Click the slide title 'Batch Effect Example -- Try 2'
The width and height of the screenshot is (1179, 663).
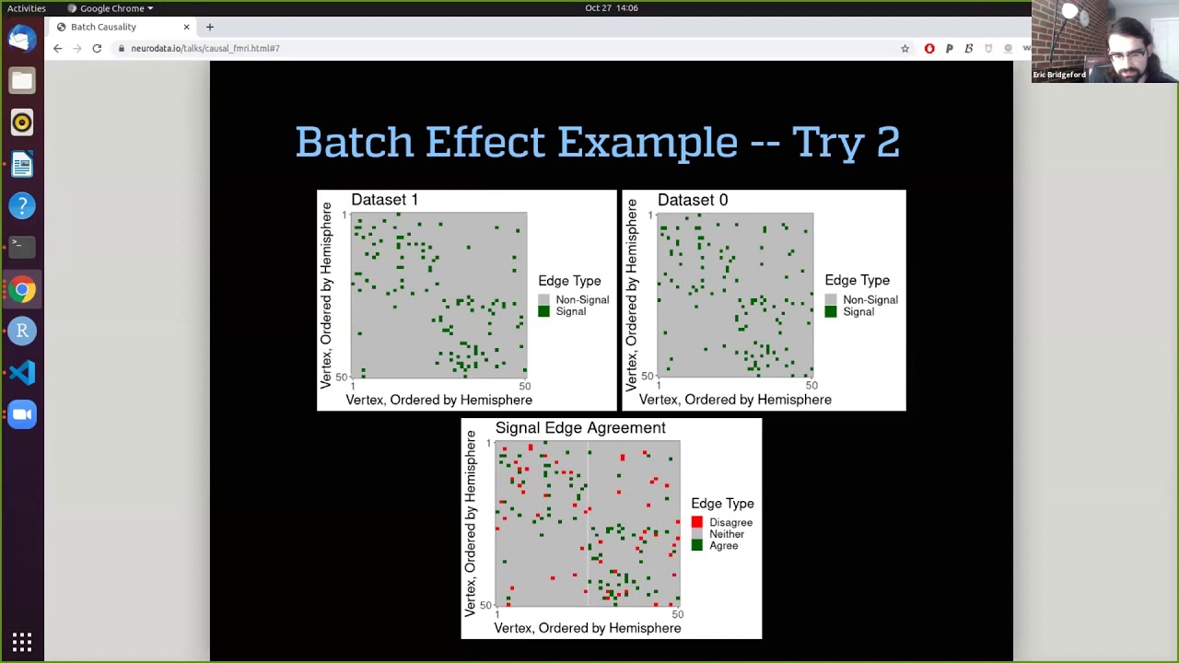pyautogui.click(x=597, y=143)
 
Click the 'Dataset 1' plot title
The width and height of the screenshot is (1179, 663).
pyautogui.click(x=384, y=200)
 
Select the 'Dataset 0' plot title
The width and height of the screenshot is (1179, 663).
pyautogui.click(x=692, y=200)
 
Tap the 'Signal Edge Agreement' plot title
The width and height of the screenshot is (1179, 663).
pyautogui.click(x=580, y=428)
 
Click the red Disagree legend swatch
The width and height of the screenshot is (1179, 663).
pyautogui.click(x=697, y=522)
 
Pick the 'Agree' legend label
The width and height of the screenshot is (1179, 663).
pyautogui.click(x=723, y=546)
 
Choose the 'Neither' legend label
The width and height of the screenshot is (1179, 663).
pyautogui.click(x=726, y=534)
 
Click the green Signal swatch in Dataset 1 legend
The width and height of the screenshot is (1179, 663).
pyautogui.click(x=543, y=311)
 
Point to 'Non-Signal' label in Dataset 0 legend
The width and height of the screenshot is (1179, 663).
pyautogui.click(x=870, y=300)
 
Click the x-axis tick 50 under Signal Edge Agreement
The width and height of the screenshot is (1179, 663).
pyautogui.click(x=678, y=614)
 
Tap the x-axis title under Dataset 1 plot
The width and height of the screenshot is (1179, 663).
pyautogui.click(x=438, y=401)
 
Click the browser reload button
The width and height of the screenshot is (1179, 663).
pyautogui.click(x=97, y=48)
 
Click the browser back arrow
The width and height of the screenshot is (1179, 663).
pyautogui.click(x=57, y=48)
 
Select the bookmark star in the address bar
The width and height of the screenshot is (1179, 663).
pyautogui.click(x=905, y=48)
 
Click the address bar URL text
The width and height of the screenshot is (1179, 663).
pyautogui.click(x=204, y=48)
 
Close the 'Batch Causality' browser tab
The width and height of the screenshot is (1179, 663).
pyautogui.click(x=186, y=27)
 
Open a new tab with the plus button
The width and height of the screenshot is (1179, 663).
pyautogui.click(x=210, y=27)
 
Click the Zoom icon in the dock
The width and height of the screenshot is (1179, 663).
pyautogui.click(x=22, y=414)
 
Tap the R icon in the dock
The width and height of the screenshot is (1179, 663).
pyautogui.click(x=22, y=331)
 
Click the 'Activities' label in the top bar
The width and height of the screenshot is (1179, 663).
pyautogui.click(x=27, y=8)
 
